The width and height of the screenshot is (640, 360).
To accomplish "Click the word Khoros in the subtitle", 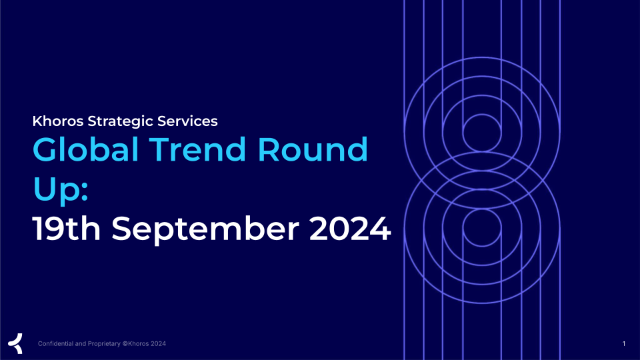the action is coord(58,121).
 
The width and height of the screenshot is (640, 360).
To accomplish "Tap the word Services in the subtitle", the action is coord(187,121).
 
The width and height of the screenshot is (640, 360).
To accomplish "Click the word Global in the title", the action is coord(86,150).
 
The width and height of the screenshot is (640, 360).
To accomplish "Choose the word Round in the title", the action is coord(313,150).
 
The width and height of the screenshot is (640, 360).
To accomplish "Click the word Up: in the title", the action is coord(61,190).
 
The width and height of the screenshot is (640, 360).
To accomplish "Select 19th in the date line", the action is coord(67,229).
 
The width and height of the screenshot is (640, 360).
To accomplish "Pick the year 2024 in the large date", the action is coord(350,229).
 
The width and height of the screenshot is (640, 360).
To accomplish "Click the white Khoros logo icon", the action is coord(15,343).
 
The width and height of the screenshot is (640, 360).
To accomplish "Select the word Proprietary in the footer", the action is coord(104,344).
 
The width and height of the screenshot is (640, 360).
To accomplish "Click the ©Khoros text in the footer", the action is coord(135,344).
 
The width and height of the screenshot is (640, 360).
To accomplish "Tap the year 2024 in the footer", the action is coord(159,344).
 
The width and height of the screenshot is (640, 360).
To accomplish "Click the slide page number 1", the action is coord(624,344).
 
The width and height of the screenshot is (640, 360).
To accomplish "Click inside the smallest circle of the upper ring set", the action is coord(482,133).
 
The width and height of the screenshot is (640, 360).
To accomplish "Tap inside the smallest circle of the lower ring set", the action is coord(482,228).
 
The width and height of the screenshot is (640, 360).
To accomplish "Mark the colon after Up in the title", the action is coord(85,192).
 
